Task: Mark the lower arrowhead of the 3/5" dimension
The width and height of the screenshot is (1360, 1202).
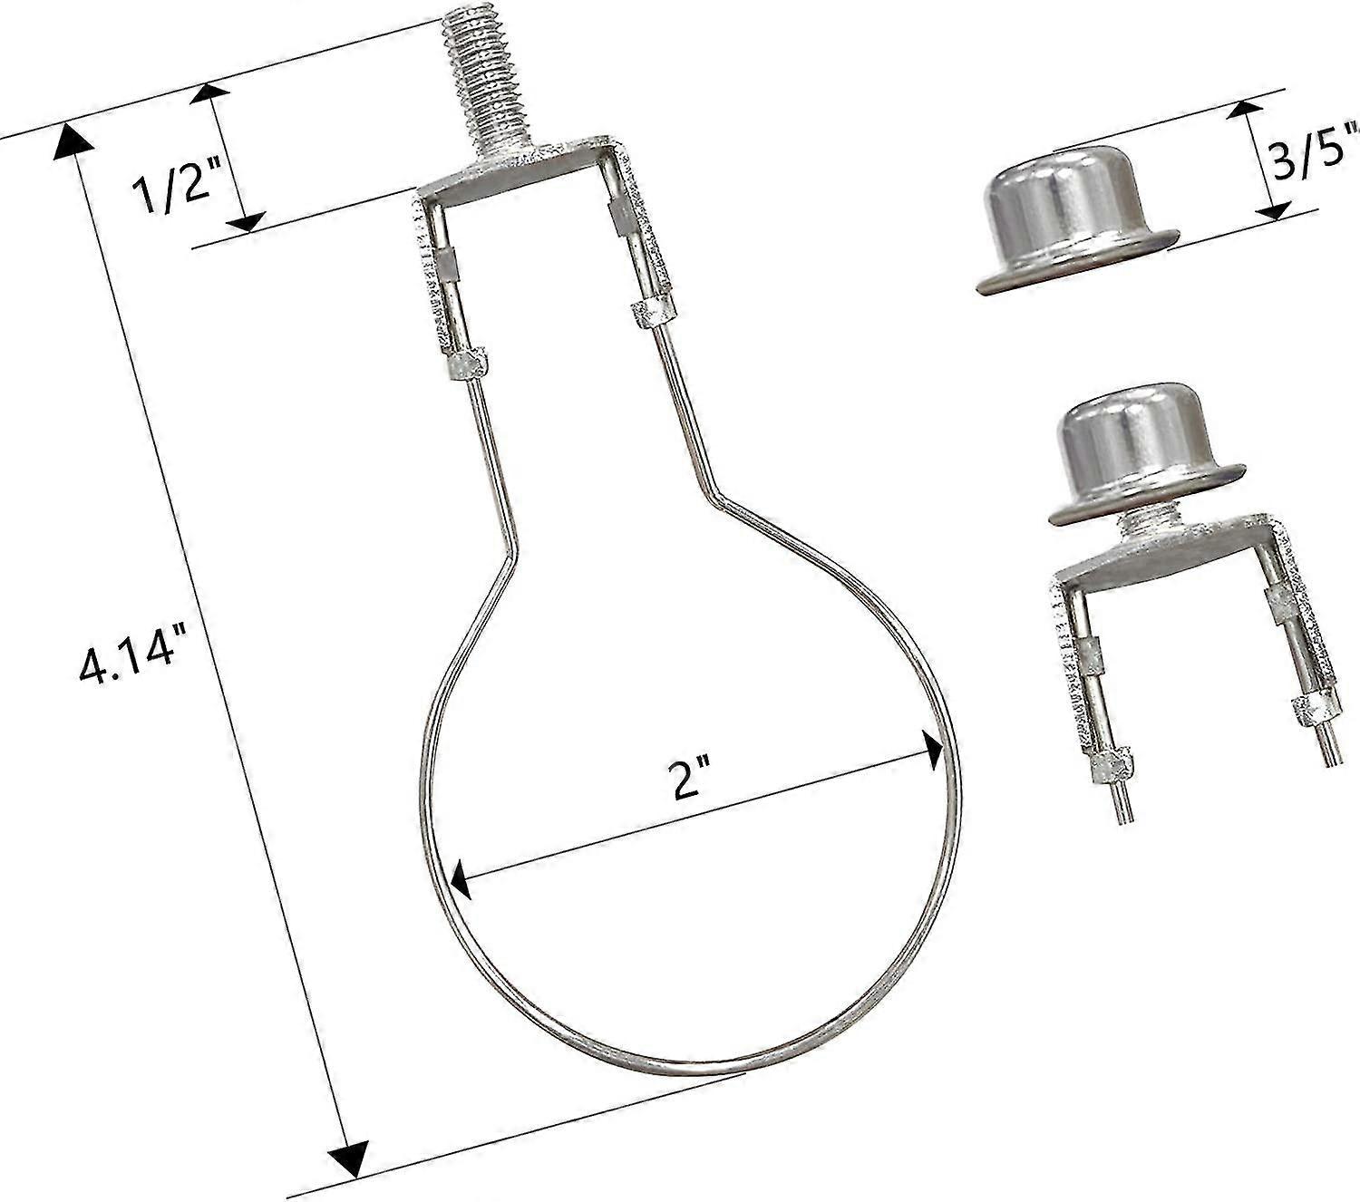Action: click(1273, 209)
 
